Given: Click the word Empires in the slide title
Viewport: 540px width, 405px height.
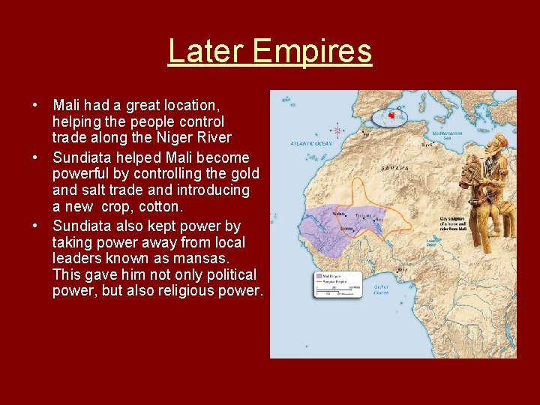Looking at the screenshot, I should click(312, 52).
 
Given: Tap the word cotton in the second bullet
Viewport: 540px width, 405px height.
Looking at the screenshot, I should click(160, 206).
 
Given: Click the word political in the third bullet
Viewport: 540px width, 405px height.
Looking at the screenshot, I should click(224, 274).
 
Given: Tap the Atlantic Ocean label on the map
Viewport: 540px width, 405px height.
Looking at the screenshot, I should click(311, 142).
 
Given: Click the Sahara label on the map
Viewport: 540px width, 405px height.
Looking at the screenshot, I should click(395, 168).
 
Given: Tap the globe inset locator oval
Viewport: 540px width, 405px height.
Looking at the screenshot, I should click(389, 118).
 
